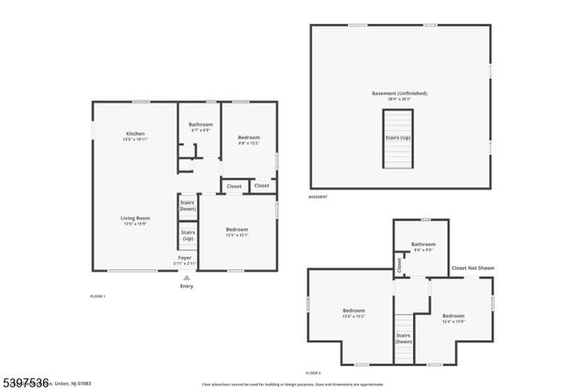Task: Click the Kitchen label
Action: coord(136,135)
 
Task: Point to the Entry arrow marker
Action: coord(186,277)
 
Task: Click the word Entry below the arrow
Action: coord(186,287)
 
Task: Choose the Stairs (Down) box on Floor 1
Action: coord(188,205)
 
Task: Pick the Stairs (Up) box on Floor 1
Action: coord(188,235)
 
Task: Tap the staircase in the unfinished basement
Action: coord(397,138)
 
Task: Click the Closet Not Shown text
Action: coord(472,267)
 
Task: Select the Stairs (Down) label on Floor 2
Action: coord(403,338)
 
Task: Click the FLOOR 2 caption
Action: coord(313,374)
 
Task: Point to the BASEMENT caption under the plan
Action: coord(318,197)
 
